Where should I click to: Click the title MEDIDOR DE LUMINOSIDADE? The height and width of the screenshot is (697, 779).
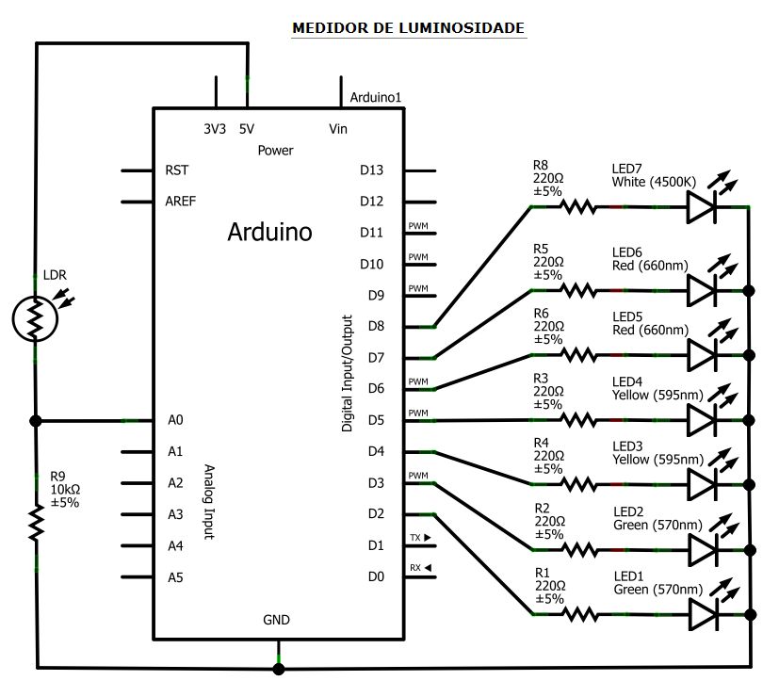[408, 28]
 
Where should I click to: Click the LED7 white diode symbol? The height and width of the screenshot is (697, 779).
[703, 206]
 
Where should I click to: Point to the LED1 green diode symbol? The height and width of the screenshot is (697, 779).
[703, 614]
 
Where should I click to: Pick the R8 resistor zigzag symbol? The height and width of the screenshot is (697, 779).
[576, 206]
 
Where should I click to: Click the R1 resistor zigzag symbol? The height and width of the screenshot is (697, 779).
[576, 614]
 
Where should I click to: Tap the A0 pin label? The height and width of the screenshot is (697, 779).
[174, 421]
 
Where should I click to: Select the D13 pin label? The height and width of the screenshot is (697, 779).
[372, 170]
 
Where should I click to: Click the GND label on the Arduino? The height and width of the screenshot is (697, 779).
[277, 620]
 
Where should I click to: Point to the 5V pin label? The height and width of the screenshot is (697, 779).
[247, 129]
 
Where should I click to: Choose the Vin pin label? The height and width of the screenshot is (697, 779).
[338, 129]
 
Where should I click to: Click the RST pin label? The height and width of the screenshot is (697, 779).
[176, 170]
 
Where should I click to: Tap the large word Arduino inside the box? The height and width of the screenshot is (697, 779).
[269, 232]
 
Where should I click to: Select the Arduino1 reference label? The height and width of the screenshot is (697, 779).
[376, 97]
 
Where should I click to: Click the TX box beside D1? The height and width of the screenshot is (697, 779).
[419, 537]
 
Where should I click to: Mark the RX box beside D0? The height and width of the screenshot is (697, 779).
[419, 568]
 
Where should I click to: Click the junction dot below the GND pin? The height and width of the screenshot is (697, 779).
[278, 669]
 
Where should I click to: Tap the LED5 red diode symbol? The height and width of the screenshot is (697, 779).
[703, 355]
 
